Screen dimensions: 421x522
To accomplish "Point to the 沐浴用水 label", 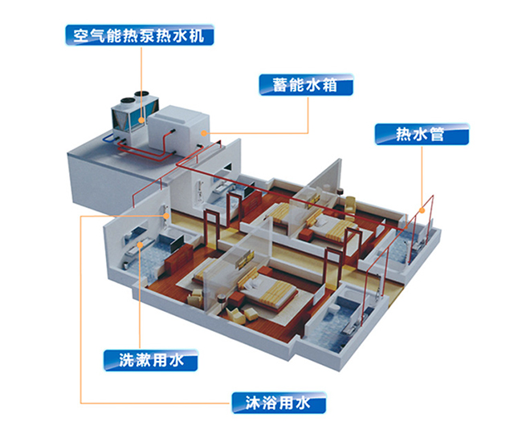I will tap(278, 402).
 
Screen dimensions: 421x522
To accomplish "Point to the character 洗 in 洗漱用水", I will tap(121, 360).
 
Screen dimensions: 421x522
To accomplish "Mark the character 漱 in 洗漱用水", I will tap(141, 360).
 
